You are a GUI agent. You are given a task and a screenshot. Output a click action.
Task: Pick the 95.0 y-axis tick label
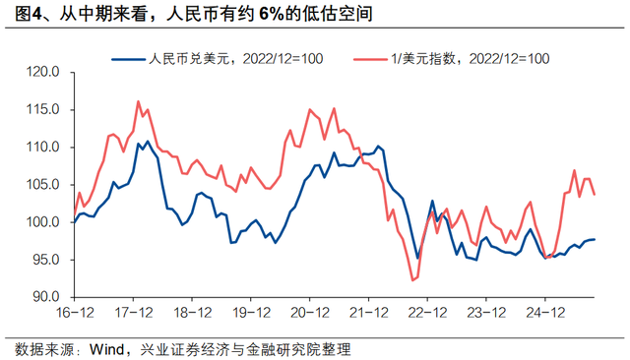point(47,260)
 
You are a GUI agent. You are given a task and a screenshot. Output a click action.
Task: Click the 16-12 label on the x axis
point(77,314)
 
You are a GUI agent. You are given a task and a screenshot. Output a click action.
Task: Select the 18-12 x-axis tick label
point(193,314)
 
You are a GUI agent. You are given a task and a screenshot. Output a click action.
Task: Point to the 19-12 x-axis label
point(251,314)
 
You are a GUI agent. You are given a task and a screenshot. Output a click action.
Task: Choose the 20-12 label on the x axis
point(309,314)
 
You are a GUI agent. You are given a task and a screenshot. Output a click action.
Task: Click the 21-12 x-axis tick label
point(367,314)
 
